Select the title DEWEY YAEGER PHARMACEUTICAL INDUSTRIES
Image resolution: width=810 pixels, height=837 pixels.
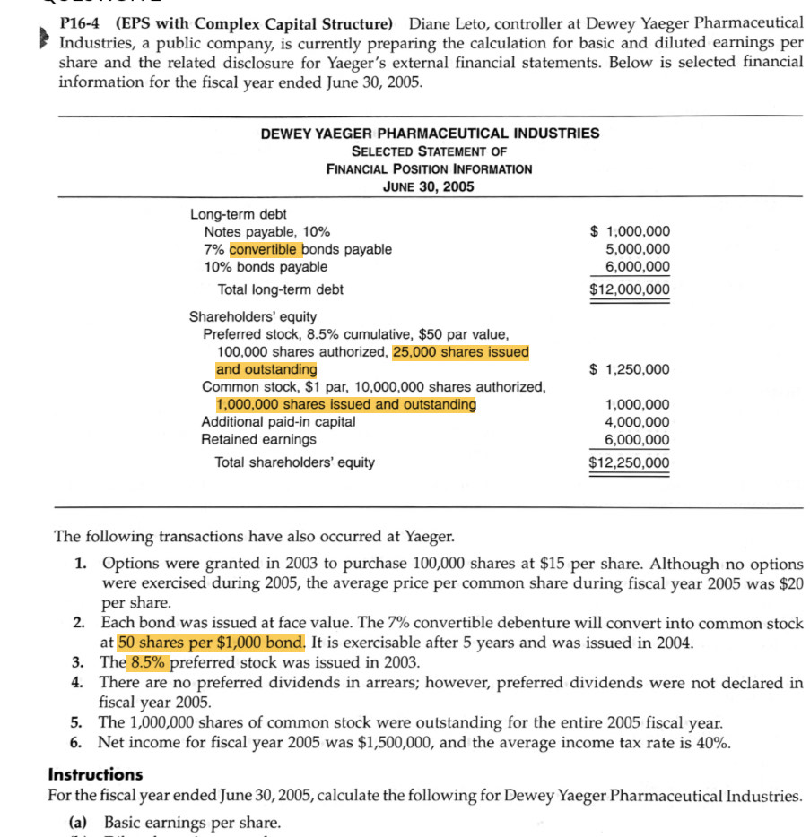pos(430,134)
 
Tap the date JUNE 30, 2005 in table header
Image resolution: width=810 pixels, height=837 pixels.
pos(429,186)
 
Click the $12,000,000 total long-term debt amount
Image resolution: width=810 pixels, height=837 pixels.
pos(629,289)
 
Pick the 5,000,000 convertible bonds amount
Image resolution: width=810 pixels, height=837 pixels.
pos(637,249)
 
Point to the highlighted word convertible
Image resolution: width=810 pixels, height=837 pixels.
pos(265,249)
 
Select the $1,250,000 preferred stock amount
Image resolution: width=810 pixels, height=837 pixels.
pos(629,369)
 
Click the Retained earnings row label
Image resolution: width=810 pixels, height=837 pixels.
pos(258,439)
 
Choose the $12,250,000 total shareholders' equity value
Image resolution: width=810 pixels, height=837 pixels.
pos(629,462)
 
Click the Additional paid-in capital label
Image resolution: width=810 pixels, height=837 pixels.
pos(278,421)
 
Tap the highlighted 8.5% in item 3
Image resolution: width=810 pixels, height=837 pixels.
pos(150,663)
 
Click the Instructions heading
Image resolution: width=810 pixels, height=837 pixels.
pos(95,774)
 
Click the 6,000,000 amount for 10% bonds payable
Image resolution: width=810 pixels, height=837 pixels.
pos(637,267)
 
